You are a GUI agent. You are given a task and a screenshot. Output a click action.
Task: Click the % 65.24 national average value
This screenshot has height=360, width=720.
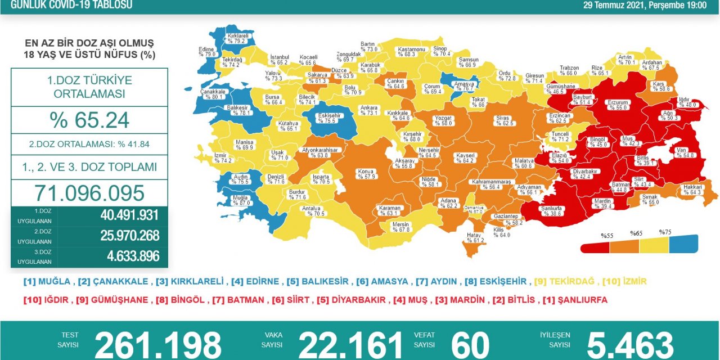coord(89,120)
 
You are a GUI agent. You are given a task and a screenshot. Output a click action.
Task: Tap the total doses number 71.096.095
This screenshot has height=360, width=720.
coord(89,193)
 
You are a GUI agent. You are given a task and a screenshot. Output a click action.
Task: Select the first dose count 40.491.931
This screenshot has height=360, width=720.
coord(129,215)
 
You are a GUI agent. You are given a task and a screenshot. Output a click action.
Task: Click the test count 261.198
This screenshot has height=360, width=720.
coord(158,345)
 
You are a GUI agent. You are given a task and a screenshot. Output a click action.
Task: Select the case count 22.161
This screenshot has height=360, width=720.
coord(350,345)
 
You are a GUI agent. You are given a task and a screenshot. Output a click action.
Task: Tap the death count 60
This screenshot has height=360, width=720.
coord(470,345)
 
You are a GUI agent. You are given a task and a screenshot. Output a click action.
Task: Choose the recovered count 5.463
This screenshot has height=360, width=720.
coord(630,345)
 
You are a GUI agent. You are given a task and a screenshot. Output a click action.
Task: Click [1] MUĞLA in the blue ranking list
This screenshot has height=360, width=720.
coord(47,281)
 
